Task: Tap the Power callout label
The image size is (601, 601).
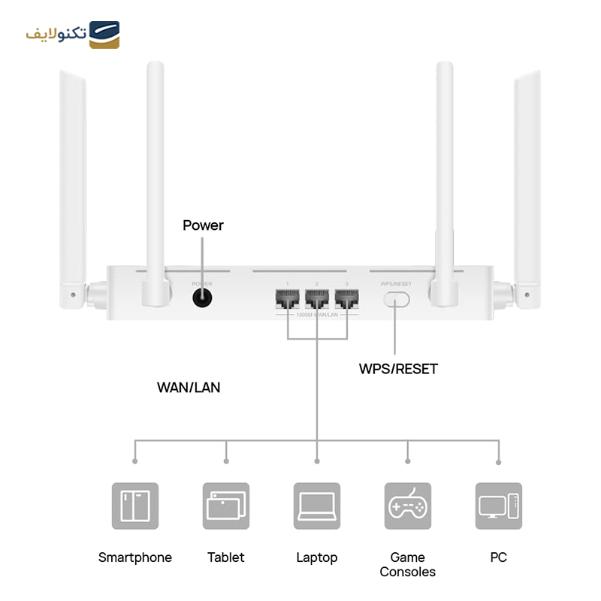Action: pos(203,225)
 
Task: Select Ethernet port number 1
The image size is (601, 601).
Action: pos(286,300)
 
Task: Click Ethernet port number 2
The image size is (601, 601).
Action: pos(316,300)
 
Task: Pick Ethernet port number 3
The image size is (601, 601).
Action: pos(346,300)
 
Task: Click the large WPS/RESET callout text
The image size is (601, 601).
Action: pos(398,369)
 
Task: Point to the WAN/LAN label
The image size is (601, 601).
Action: pos(189,388)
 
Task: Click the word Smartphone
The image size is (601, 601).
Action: pos(135,557)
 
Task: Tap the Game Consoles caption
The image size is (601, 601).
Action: pos(408,564)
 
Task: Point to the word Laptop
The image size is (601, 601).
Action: pos(317,557)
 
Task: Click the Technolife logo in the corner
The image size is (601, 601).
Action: pos(73,35)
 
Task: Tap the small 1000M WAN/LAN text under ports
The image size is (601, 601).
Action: pos(316,315)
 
